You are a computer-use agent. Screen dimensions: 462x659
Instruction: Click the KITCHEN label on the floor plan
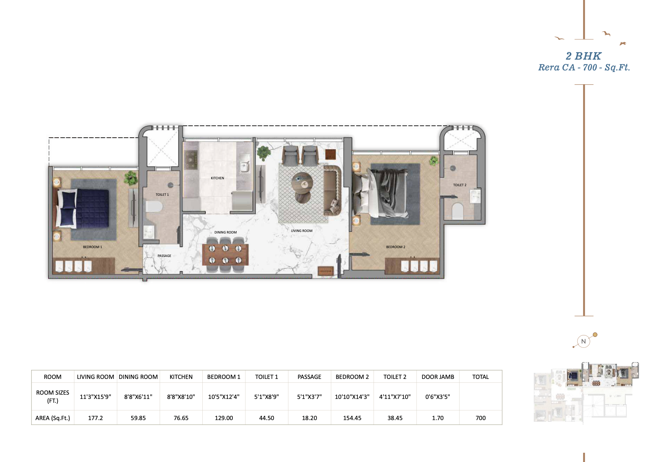coord(217,178)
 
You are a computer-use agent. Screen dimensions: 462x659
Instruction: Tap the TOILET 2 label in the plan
coord(459,185)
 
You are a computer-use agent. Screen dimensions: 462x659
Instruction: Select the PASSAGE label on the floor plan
coord(164,256)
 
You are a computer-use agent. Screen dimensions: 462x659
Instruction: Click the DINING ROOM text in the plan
coord(225,232)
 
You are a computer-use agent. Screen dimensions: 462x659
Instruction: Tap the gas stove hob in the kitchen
coord(191,160)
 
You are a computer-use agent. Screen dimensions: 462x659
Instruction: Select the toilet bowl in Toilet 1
coord(154,207)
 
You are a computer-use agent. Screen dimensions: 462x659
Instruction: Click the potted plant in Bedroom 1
coord(130,178)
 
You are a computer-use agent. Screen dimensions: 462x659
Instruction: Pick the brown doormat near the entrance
coord(325,271)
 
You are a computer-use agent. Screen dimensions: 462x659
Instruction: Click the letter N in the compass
coord(583,342)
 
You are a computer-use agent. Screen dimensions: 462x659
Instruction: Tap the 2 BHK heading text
coord(583,56)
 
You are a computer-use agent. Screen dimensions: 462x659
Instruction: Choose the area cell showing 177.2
coord(95,418)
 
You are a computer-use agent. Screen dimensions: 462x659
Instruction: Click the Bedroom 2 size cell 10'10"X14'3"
coord(352,397)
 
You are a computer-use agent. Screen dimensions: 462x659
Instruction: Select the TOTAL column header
coord(480,377)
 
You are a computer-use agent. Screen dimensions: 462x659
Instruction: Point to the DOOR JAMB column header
coord(438,377)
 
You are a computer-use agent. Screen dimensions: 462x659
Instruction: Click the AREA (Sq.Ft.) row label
coord(53,418)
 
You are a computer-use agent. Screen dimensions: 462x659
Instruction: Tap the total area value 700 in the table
coord(480,418)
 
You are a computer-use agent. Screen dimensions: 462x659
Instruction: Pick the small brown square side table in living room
coord(330,154)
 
